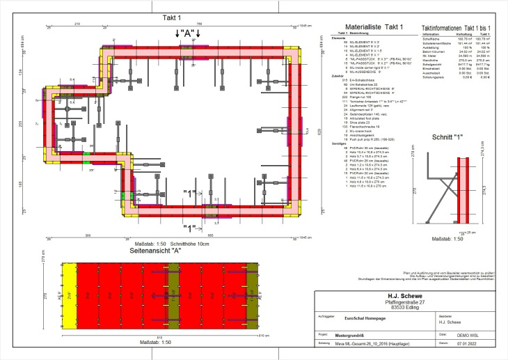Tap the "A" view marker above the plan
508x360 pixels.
tap(188, 33)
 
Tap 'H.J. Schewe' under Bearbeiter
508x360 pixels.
tap(449, 322)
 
